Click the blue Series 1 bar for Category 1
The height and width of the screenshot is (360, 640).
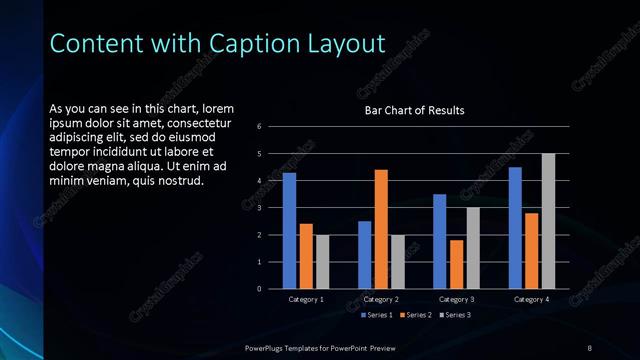[x=289, y=231]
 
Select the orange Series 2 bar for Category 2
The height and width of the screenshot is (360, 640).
[x=381, y=229]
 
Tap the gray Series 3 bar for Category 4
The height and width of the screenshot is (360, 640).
[x=548, y=221]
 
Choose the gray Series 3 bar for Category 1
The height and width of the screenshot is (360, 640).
[x=322, y=262]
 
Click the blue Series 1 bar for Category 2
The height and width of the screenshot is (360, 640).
[x=364, y=255]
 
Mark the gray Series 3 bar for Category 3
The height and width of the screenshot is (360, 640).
[x=473, y=248]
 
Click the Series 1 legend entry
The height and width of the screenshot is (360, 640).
[x=376, y=315]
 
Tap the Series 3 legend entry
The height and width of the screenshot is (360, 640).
[x=455, y=315]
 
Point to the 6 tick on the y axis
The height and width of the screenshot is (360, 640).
[x=259, y=127]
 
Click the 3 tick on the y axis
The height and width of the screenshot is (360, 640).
[x=259, y=208]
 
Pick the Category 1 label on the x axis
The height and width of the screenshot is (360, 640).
[x=306, y=299]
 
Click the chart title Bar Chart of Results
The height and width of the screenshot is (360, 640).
[x=414, y=110]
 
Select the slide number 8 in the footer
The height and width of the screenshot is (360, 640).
[x=589, y=347]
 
